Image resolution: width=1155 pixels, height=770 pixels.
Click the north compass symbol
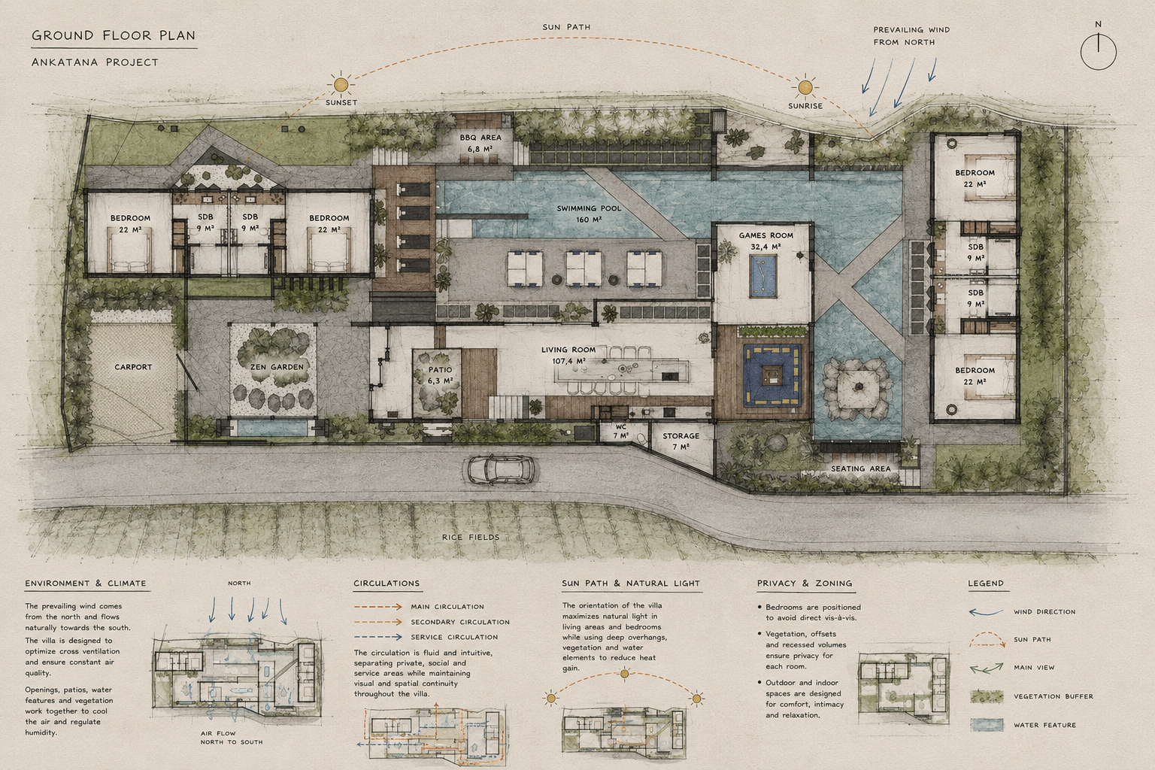[x=1099, y=52]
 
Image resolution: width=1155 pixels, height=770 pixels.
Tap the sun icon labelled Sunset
[x=341, y=84]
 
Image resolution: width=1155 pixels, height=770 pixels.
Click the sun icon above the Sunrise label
[x=805, y=87]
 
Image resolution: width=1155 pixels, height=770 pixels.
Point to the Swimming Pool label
[x=589, y=214]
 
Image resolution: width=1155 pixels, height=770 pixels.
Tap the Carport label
[x=133, y=367]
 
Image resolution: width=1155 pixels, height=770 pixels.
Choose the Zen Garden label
[x=277, y=367]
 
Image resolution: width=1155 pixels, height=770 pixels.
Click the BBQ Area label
[x=480, y=143]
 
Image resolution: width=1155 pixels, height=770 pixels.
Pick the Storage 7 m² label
[x=681, y=441]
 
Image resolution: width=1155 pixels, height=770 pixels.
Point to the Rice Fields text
[x=471, y=537]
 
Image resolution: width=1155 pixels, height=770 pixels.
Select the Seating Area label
[x=860, y=468]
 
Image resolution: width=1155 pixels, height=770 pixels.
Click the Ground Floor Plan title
[x=114, y=35]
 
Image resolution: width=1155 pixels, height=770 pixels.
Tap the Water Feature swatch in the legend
[x=987, y=725]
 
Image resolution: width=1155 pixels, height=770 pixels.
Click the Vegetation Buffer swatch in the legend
[x=987, y=696]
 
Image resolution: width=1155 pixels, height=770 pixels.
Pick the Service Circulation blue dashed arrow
[x=378, y=637]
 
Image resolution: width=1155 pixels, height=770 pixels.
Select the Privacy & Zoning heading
[x=805, y=584]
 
